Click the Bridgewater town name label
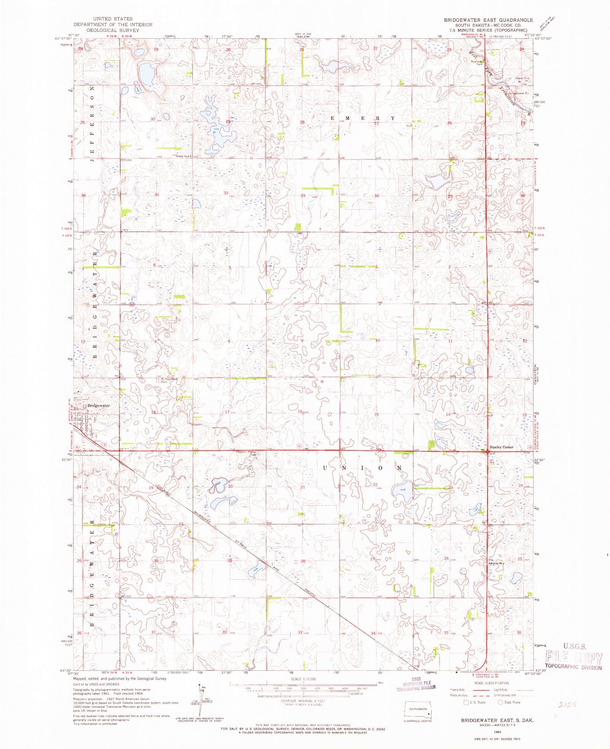(98, 406)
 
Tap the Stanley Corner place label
(501, 447)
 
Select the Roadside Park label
(477, 63)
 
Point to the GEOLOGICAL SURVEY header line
(109, 30)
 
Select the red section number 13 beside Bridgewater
(84, 406)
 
